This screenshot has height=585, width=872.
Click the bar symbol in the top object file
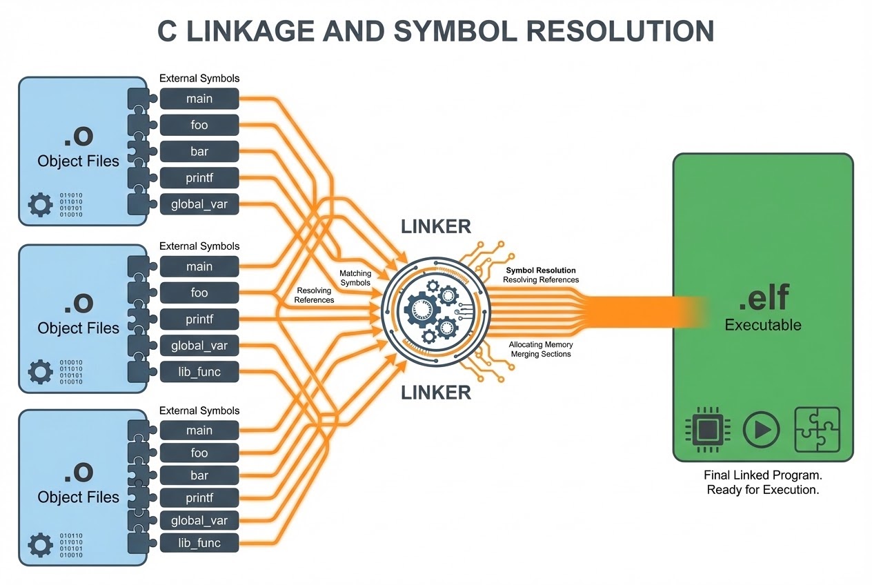coord(199,152)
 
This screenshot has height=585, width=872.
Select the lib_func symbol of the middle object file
coord(199,372)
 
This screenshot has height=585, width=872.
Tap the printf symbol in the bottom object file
coord(199,498)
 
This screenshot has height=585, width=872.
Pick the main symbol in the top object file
coord(199,99)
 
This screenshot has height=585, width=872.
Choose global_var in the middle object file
coord(199,346)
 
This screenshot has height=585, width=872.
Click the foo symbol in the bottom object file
coord(199,453)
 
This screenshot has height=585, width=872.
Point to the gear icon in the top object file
coord(40,205)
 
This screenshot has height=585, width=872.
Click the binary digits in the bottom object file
coord(72,545)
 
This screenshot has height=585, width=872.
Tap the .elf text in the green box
coord(763,299)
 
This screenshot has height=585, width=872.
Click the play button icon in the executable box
coord(761,430)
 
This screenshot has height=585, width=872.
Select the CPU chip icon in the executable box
coord(706,430)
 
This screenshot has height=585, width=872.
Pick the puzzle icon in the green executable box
coord(817,429)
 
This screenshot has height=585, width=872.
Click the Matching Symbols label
coord(355,278)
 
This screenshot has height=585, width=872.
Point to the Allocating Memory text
coord(541,344)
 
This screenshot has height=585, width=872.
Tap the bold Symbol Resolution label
coord(541,271)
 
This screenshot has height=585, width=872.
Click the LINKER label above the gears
coord(436,226)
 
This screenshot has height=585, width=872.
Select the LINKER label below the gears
coord(436,393)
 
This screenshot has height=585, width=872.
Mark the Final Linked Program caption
coord(763,476)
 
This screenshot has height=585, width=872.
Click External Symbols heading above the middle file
coord(199,246)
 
